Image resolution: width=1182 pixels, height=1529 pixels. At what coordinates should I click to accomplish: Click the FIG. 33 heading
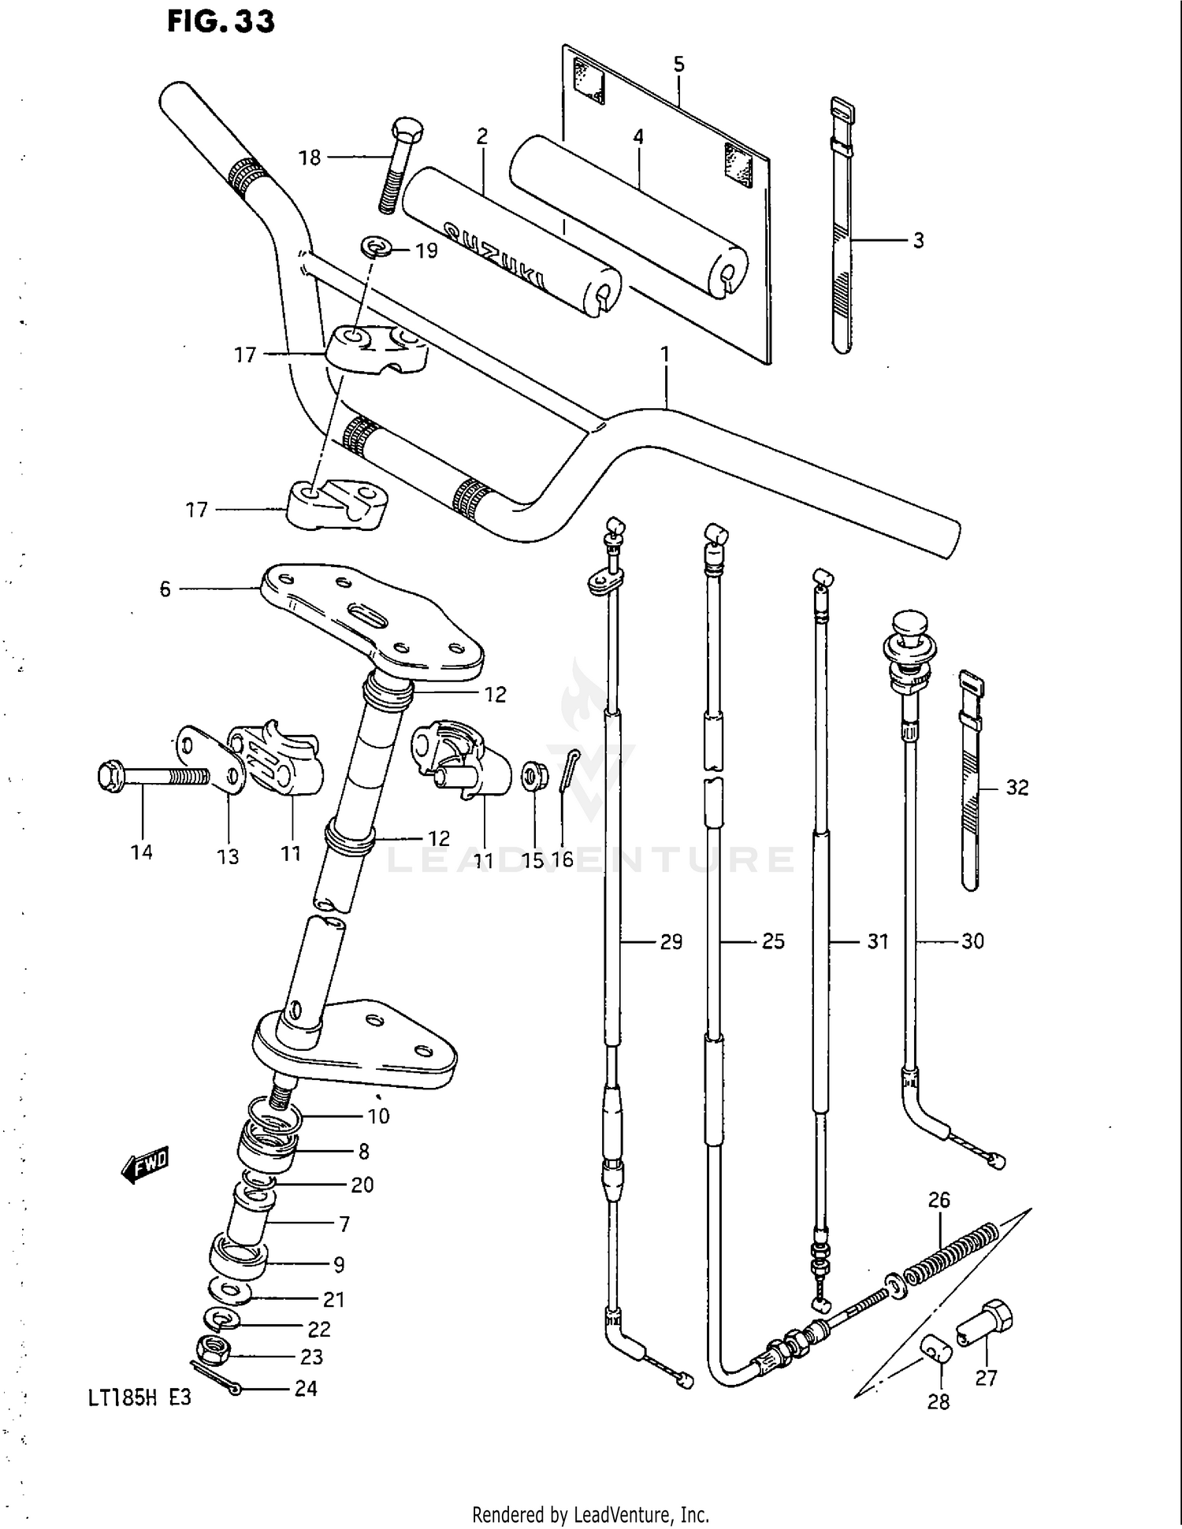[x=221, y=20]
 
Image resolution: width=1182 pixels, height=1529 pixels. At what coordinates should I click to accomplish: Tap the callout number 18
[x=310, y=158]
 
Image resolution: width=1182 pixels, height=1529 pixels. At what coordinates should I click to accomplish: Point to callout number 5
[x=679, y=65]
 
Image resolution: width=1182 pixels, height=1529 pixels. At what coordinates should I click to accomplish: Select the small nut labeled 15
[x=535, y=777]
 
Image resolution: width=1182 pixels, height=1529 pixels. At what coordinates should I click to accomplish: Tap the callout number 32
[x=1017, y=788]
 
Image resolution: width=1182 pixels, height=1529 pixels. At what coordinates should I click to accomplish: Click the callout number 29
[x=671, y=941]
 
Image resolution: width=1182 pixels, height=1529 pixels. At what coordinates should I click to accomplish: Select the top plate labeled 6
[x=370, y=622]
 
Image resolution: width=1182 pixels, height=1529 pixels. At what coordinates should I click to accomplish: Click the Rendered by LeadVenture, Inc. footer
[x=590, y=1514]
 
